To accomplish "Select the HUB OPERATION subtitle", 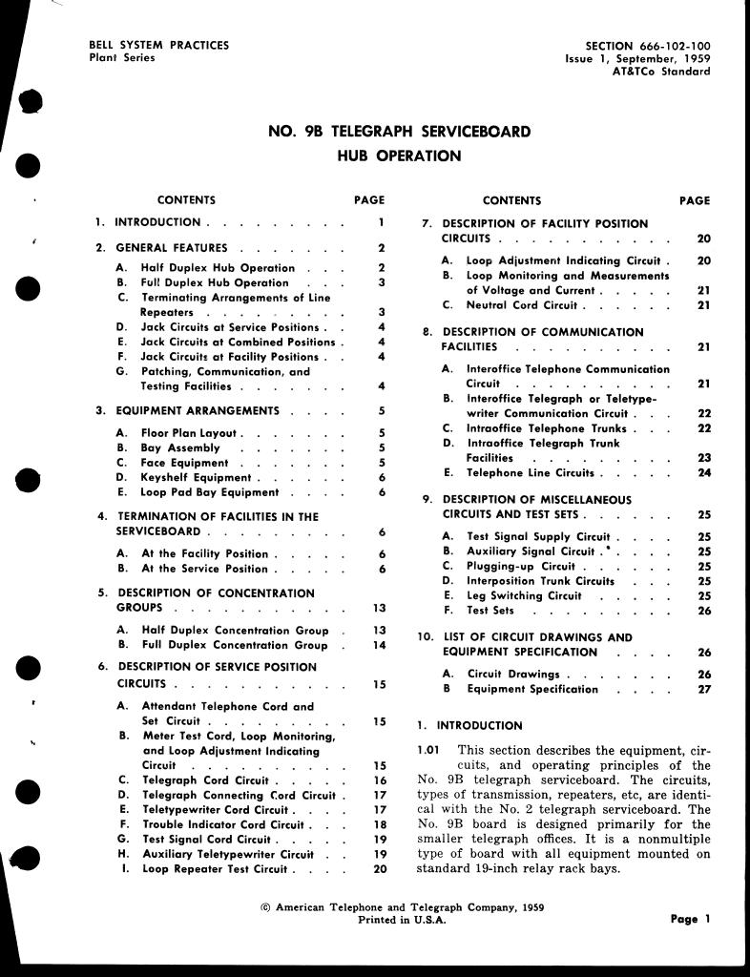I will click(399, 156).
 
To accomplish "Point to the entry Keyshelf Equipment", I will click(196, 478).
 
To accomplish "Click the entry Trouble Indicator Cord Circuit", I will click(222, 825).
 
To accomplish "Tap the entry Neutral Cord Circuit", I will click(521, 305).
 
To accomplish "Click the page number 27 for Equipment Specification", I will click(704, 690).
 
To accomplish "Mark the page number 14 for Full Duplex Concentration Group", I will click(379, 646).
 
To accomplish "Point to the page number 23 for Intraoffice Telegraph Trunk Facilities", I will click(704, 459).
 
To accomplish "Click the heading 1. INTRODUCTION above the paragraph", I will click(469, 726).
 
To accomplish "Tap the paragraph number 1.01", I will click(428, 750).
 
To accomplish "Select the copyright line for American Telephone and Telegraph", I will click(402, 908).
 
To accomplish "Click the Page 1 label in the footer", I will click(691, 920).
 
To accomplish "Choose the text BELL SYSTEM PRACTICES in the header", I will click(158, 45).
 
